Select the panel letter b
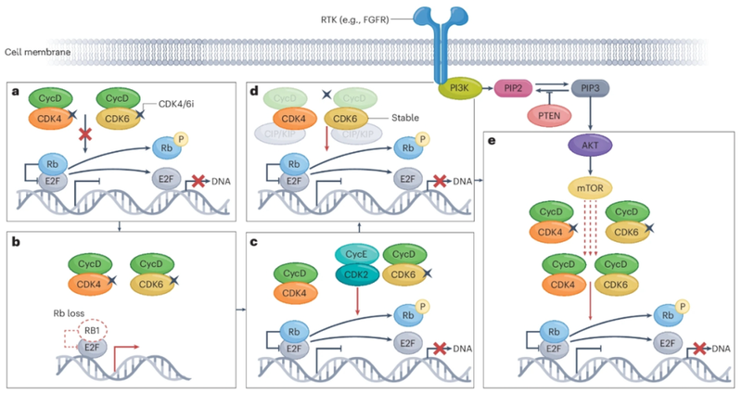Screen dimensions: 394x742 pos(16,238)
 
